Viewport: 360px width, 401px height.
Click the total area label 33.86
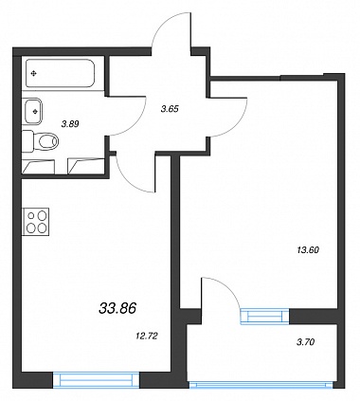coord(117,308)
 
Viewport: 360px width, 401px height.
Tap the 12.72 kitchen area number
coord(145,337)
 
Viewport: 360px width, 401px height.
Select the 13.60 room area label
coord(308,250)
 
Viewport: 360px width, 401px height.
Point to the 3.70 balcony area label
coord(306,341)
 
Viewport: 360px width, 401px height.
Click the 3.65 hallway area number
coord(170,109)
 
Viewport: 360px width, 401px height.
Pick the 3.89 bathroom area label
coord(70,124)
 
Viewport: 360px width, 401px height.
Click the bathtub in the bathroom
coord(61,73)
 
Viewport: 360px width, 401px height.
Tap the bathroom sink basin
coord(33,111)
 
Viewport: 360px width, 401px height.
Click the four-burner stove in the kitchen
coord(36,221)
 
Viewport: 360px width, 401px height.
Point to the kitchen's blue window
coord(96,380)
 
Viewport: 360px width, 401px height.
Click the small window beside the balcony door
coord(264,316)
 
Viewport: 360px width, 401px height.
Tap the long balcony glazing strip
coord(261,385)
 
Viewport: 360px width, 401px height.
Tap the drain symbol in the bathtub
coord(33,74)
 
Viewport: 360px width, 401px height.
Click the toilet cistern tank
coord(27,141)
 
